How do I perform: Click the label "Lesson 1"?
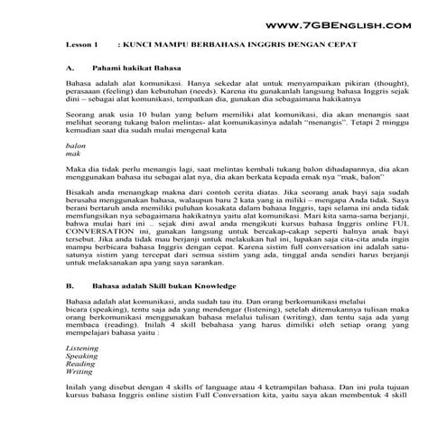tap(82, 44)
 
